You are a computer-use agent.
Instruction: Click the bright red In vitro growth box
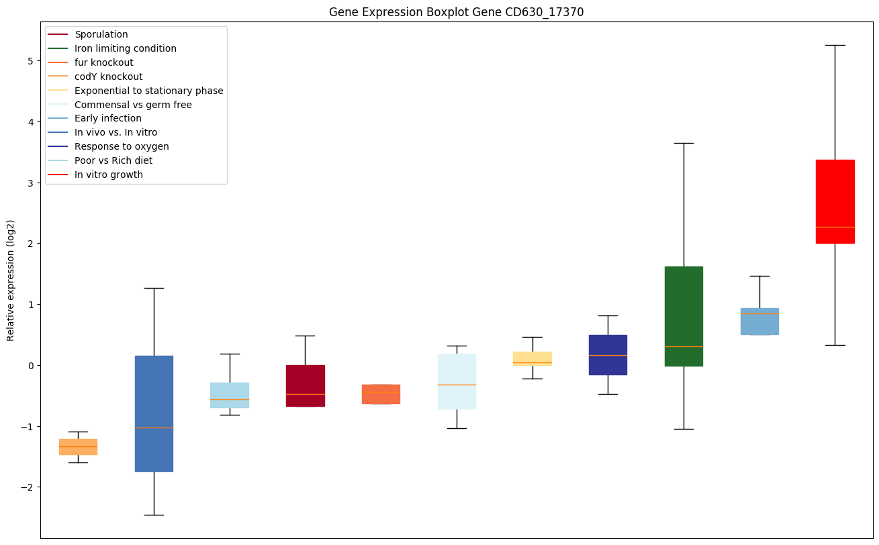click(835, 201)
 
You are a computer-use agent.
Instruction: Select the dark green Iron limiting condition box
click(684, 316)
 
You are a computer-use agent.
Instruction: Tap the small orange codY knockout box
click(78, 447)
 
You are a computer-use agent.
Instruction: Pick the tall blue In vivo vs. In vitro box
click(154, 413)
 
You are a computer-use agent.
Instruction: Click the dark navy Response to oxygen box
click(608, 354)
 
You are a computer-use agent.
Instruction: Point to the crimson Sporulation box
click(305, 386)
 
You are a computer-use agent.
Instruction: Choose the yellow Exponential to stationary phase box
click(533, 358)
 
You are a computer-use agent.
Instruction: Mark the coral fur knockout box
click(381, 394)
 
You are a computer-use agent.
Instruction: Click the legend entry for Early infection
click(108, 119)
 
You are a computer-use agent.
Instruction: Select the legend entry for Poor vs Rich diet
click(113, 160)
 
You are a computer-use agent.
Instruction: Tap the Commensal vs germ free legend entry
click(133, 105)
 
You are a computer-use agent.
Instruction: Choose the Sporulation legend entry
click(101, 34)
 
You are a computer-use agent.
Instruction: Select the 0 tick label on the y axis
click(31, 365)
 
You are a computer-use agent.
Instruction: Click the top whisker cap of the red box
click(835, 45)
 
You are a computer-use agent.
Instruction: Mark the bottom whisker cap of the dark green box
click(684, 429)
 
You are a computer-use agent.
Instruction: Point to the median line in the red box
click(835, 228)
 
